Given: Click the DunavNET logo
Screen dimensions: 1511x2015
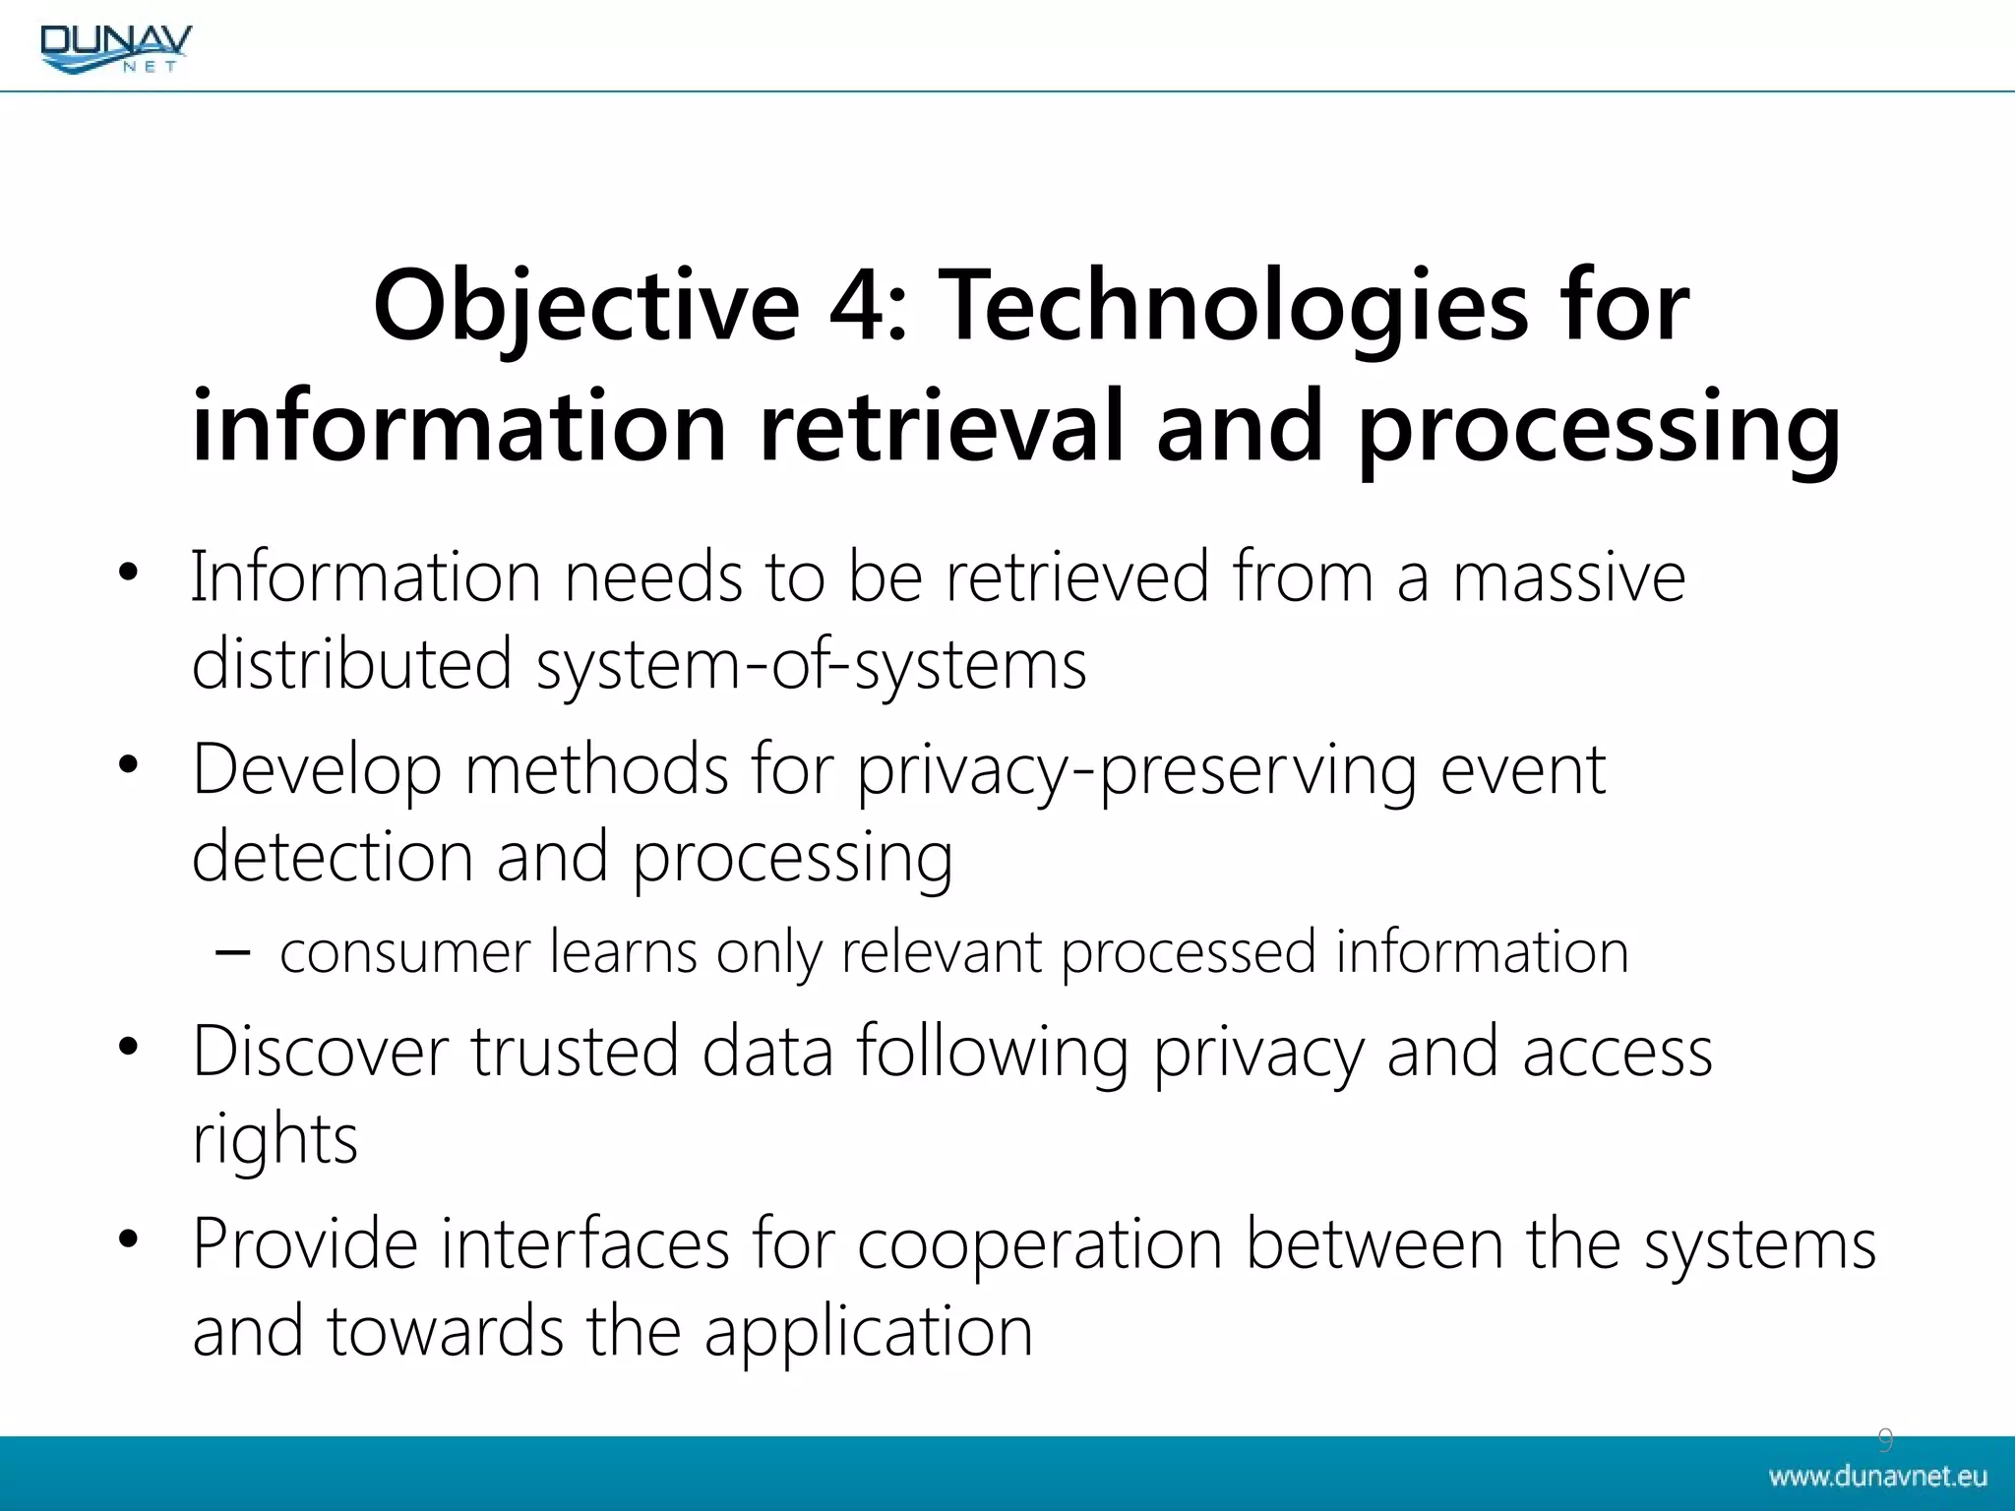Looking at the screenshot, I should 116,47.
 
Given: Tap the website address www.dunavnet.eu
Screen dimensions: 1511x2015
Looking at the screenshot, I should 1877,1477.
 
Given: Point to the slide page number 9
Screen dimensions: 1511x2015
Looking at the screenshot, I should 1885,1440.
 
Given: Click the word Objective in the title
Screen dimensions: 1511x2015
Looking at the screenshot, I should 586,307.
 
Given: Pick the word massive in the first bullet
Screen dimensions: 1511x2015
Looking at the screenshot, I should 1569,577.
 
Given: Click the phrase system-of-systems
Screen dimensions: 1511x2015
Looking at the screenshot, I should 811,665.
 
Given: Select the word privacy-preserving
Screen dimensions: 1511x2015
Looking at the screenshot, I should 1136,770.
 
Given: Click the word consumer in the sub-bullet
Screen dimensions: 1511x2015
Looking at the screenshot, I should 404,952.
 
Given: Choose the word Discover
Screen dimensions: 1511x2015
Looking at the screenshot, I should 321,1052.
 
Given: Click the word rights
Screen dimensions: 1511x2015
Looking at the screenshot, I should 275,1140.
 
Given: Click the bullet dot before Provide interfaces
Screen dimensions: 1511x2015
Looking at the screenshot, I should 128,1239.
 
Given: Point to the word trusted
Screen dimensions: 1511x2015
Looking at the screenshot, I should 575,1052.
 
